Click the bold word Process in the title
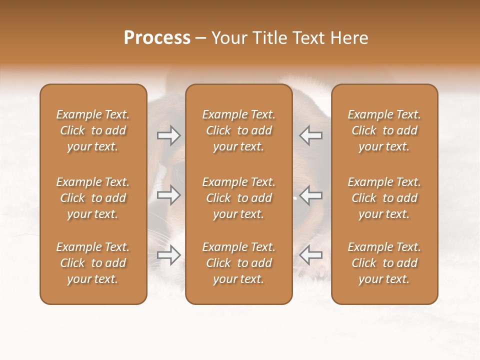tap(157, 38)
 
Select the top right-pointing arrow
tap(169, 135)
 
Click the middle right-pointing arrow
tap(169, 195)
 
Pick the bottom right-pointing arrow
tap(169, 255)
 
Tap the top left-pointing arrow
tap(310, 135)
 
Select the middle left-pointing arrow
tap(310, 195)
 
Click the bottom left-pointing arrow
tap(310, 255)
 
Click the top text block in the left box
tap(93, 130)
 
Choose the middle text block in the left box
tap(93, 198)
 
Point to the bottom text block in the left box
tap(93, 263)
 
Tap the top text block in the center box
tap(239, 130)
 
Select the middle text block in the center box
tap(239, 198)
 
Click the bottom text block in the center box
tap(239, 263)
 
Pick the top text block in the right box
tap(384, 130)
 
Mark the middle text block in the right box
tap(384, 198)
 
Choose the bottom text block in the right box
tap(384, 263)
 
